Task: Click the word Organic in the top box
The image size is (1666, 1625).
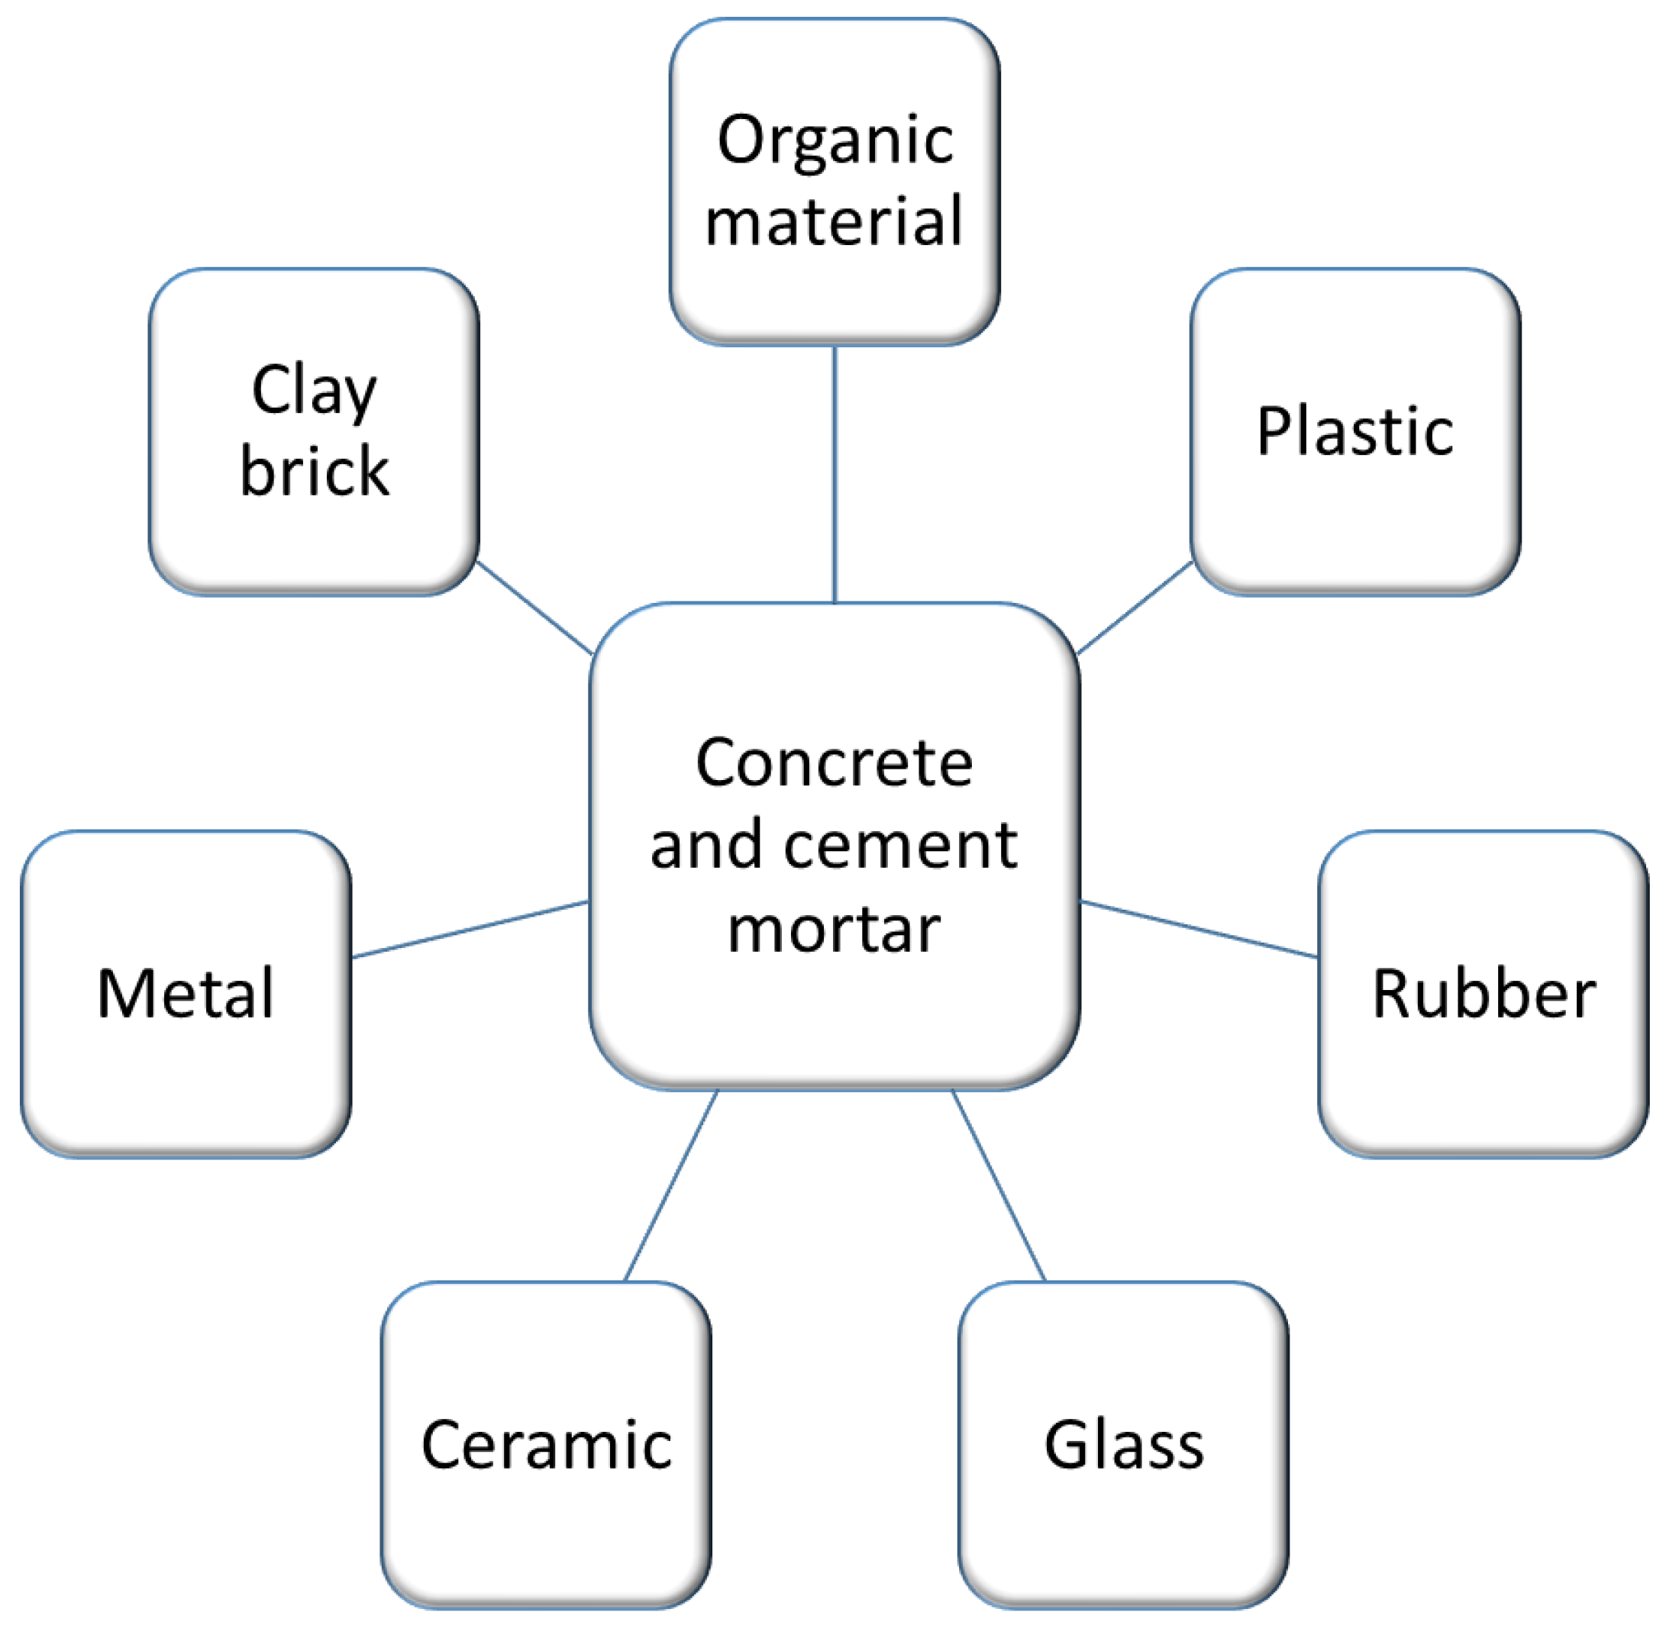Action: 835,140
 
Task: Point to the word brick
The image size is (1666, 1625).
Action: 315,471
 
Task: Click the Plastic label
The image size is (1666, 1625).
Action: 1354,432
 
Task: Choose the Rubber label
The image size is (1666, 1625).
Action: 1484,995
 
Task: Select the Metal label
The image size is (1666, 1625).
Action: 186,995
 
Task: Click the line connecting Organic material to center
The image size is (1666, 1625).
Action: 835,474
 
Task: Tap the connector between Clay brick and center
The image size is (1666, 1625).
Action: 534,607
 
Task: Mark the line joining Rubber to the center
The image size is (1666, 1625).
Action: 1199,930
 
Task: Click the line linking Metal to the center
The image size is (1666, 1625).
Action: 470,930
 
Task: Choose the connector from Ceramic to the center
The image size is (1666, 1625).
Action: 671,1185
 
